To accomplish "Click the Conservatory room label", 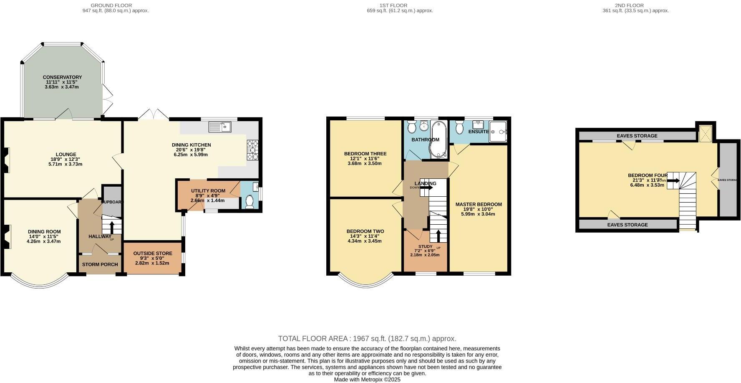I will tap(62, 77).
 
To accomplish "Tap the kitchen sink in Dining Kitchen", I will tap(220, 126).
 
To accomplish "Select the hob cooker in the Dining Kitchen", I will tap(253, 150).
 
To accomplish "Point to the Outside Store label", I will tap(153, 254).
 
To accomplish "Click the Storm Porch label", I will tap(100, 265).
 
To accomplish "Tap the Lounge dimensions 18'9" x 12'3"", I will tap(66, 159).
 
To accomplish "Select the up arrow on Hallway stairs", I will tap(112, 227).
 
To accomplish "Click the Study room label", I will tap(425, 246).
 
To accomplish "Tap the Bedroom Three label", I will tap(365, 154).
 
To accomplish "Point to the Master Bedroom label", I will tap(479, 205).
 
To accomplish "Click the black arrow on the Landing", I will tap(426, 188).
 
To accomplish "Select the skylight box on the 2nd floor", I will tap(705, 133).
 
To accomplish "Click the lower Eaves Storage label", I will tap(627, 225).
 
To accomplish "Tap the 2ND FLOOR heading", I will tap(629, 5).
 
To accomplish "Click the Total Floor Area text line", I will tap(367, 339).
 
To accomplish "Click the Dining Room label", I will tap(44, 232).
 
